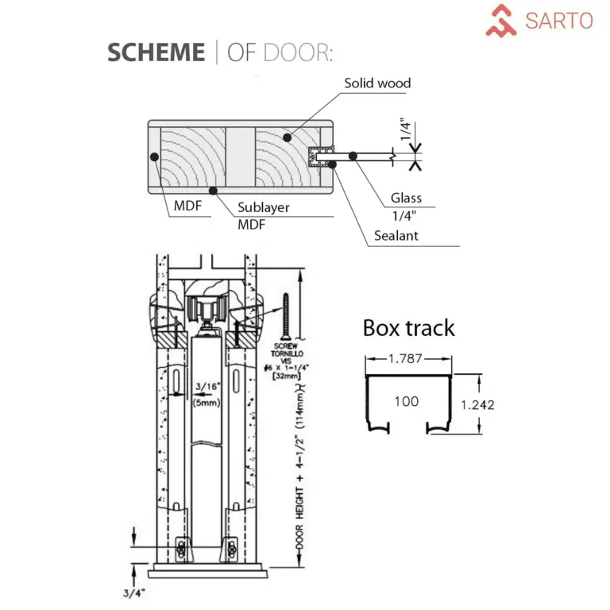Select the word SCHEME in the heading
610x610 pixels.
[x=156, y=52]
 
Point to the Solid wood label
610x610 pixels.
[x=377, y=83]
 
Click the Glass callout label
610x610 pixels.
[x=406, y=199]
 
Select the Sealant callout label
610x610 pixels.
[x=396, y=236]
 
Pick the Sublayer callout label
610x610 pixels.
[x=264, y=207]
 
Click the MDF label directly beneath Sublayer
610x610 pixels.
[x=252, y=225]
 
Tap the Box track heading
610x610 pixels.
[x=408, y=328]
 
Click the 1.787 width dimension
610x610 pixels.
[x=407, y=359]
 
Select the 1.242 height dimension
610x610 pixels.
[x=477, y=404]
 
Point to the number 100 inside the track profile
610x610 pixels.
[x=406, y=401]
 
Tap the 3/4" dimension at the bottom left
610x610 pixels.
[x=112, y=591]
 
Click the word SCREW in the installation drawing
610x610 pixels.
[x=284, y=347]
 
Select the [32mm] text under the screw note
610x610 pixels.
[x=284, y=378]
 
